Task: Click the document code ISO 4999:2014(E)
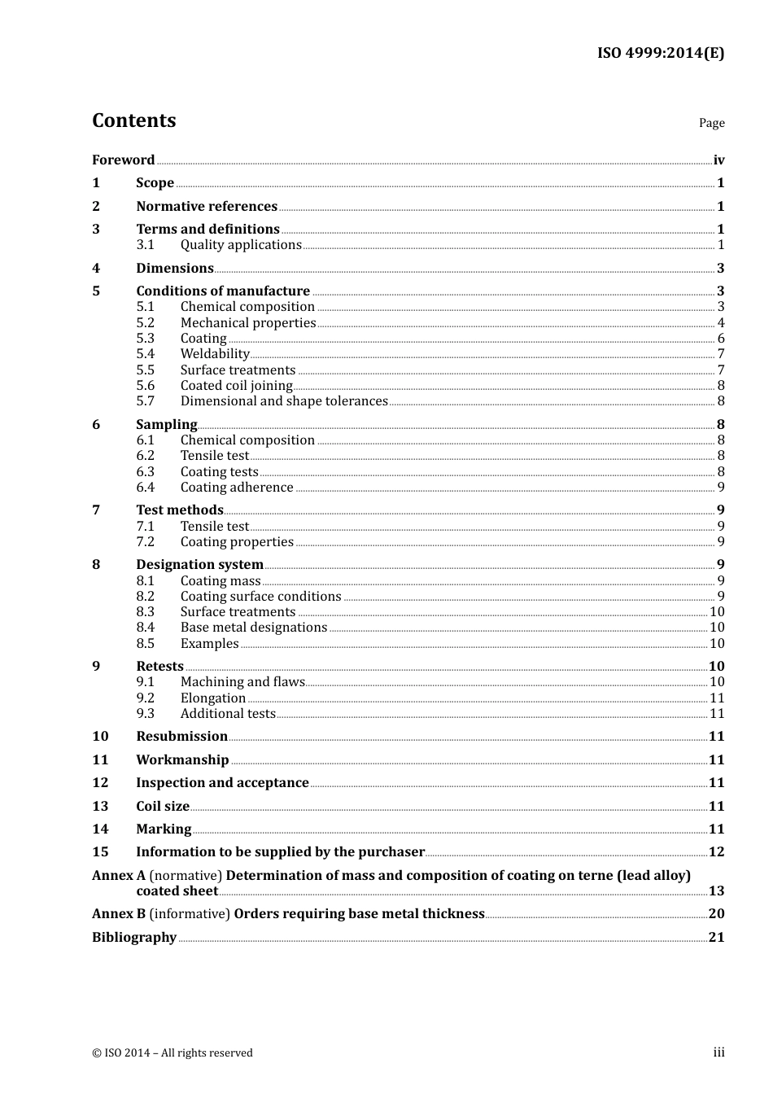click(660, 54)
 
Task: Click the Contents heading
click(133, 120)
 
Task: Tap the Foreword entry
click(123, 160)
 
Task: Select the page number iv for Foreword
click(718, 160)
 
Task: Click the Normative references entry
click(207, 207)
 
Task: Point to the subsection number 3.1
click(145, 245)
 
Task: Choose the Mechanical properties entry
click(247, 323)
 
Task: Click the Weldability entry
click(215, 354)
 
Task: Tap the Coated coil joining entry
click(236, 386)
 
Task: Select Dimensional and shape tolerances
click(284, 401)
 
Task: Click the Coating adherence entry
click(237, 488)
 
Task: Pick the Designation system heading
click(199, 565)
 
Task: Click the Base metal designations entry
click(254, 628)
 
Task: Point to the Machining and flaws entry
click(242, 682)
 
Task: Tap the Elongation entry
click(213, 698)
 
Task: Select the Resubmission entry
click(181, 737)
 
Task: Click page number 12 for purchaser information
click(716, 852)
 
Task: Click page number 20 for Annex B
click(716, 914)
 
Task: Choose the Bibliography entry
click(134, 938)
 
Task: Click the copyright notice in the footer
click(173, 1053)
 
